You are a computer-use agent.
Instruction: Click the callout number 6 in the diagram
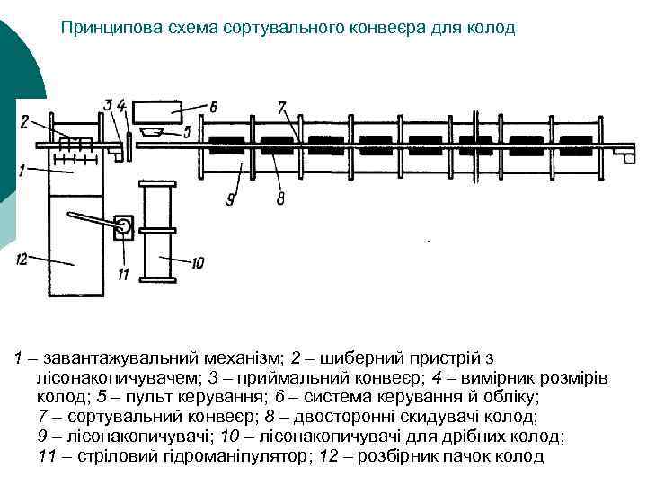point(213,107)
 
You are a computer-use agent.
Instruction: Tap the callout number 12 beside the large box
point(22,260)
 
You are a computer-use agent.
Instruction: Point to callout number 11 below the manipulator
point(122,273)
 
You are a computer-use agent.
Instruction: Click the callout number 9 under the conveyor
point(231,199)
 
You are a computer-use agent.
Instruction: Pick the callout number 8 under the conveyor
point(281,199)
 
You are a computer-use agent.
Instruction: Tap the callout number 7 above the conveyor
point(281,107)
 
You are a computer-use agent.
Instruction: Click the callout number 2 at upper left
point(25,122)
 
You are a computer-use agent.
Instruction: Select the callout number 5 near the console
point(186,132)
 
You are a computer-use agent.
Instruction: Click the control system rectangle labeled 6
point(157,112)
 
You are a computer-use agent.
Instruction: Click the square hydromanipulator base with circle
point(123,226)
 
